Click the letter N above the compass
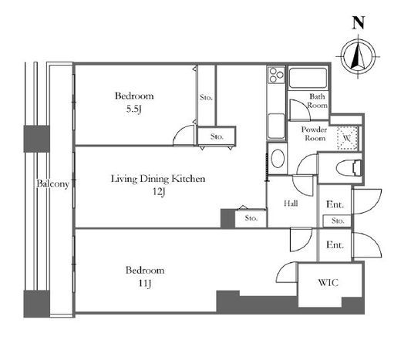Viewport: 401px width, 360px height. (x=359, y=22)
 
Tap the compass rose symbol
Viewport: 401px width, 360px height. (x=358, y=56)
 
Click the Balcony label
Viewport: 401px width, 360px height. (x=53, y=183)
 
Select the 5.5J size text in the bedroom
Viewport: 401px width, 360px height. (x=134, y=109)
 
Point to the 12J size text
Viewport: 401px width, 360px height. (x=158, y=191)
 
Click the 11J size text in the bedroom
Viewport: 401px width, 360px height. (x=145, y=283)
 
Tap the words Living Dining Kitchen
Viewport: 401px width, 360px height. (x=158, y=179)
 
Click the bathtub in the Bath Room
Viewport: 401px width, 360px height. (x=308, y=77)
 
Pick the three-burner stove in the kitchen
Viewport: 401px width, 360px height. (x=276, y=75)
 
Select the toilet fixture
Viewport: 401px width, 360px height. (x=349, y=168)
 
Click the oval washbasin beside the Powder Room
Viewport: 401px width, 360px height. (x=278, y=159)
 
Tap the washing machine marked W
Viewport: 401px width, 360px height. (x=347, y=138)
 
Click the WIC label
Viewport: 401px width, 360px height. (x=329, y=283)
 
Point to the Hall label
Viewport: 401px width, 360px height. (x=291, y=204)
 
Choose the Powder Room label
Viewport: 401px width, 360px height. (x=314, y=134)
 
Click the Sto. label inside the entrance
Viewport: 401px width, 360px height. (x=338, y=220)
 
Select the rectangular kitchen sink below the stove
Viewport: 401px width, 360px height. (x=276, y=126)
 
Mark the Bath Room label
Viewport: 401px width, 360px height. (x=318, y=101)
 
